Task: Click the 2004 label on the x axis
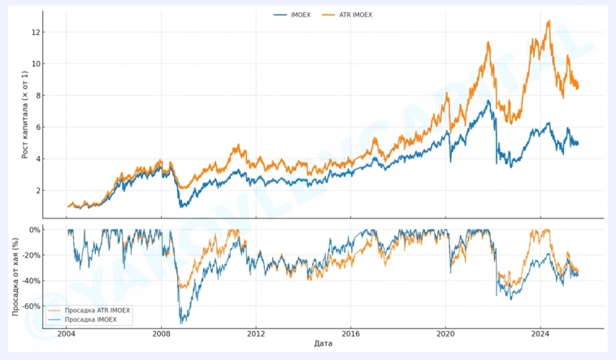67,333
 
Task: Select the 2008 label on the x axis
162,333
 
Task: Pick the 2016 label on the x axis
351,333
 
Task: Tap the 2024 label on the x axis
541,333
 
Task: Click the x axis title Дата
323,344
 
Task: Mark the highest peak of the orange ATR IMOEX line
549,21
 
